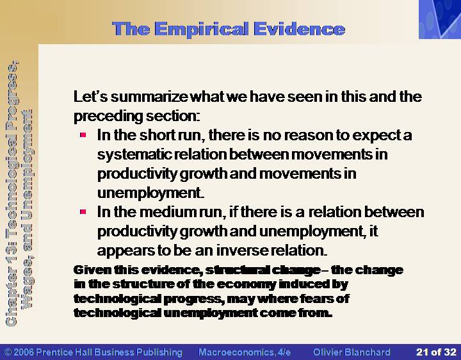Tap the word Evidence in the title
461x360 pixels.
pyautogui.click(x=299, y=29)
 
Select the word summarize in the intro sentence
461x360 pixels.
pyautogui.click(x=149, y=97)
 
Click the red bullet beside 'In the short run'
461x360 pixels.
pyautogui.click(x=83, y=135)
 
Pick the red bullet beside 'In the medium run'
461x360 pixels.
pyautogui.click(x=83, y=211)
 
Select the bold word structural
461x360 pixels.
pyautogui.click(x=237, y=270)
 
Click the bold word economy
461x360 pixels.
pyautogui.click(x=247, y=284)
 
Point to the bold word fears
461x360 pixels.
pyautogui.click(x=318, y=299)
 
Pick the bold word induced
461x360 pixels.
pyautogui.click(x=304, y=284)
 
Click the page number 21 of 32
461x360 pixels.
pyautogui.click(x=436, y=352)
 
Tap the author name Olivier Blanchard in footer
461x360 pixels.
pyautogui.click(x=352, y=352)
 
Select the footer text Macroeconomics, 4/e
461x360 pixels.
pyautogui.click(x=245, y=352)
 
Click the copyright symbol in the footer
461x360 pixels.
pyautogui.click(x=8, y=352)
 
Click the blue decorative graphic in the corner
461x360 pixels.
pyautogui.click(x=440, y=19)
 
